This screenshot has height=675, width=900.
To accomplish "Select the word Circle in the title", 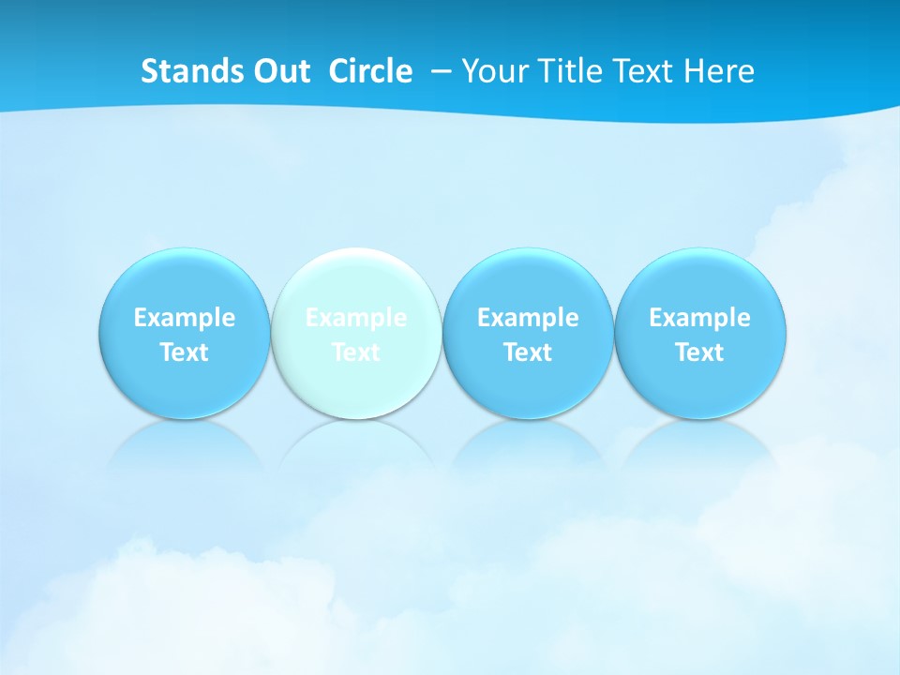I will coord(370,71).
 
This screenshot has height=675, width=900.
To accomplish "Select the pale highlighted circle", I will coord(356,281).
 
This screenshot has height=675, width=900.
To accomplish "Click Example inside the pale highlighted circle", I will coord(356,318).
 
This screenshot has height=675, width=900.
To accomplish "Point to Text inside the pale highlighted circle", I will coord(356,352).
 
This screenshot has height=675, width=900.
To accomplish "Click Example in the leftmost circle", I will coord(185,318).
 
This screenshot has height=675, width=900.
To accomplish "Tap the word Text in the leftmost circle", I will coord(185,352).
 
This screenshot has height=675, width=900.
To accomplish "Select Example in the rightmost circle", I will coord(699,318).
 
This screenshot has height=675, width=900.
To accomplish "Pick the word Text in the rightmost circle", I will coord(699,352).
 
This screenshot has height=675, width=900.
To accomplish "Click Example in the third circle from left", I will coord(528,318).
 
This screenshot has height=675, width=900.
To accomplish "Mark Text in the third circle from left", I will coord(528,352).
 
